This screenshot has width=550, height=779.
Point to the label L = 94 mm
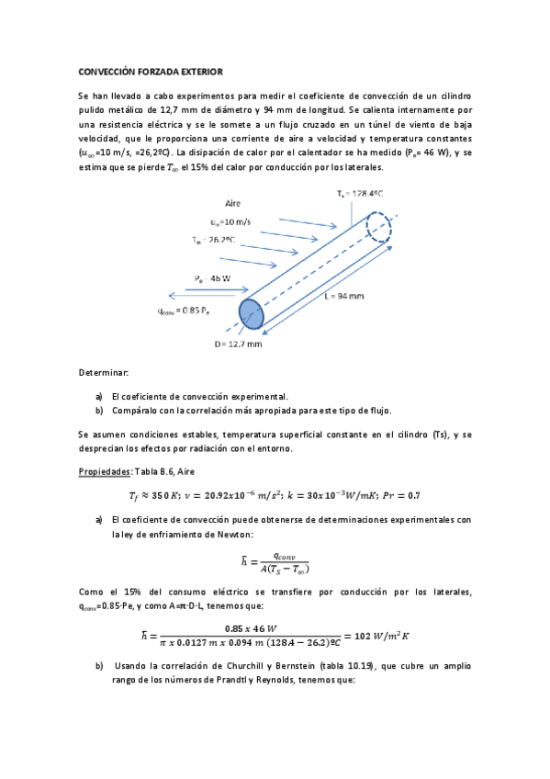(x=353, y=297)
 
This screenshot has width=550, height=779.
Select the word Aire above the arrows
(x=233, y=202)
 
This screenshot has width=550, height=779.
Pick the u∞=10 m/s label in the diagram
(x=230, y=221)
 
